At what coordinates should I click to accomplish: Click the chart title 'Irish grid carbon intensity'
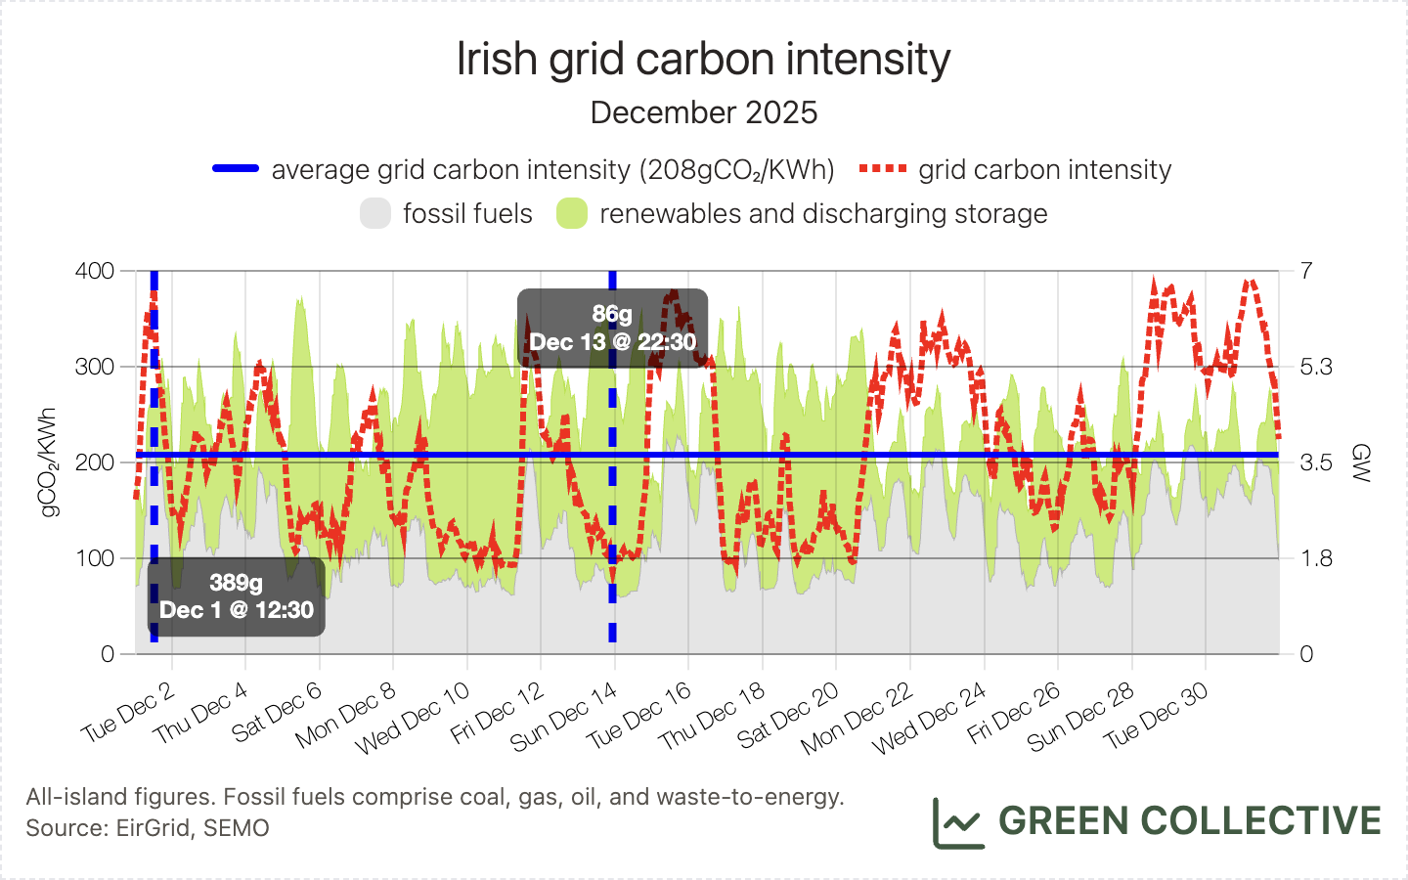(703, 60)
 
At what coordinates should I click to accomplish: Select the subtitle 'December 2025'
(703, 112)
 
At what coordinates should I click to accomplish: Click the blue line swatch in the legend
(236, 169)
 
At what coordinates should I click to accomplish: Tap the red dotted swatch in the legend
(883, 169)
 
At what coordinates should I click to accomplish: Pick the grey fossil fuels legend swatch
(375, 213)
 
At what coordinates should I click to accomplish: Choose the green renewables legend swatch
(572, 213)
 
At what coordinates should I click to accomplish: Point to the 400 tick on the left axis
(95, 271)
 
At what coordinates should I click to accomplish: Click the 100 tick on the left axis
(95, 558)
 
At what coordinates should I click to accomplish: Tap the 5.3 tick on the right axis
(1316, 367)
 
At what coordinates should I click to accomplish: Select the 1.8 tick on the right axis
(1316, 558)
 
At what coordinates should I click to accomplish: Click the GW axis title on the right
(1360, 462)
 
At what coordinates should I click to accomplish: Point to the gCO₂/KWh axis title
(47, 462)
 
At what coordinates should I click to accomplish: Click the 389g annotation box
(236, 596)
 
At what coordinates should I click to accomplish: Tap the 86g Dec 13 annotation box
(612, 328)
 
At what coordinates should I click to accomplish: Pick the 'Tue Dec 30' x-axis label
(1158, 717)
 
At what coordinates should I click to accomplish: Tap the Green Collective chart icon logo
(958, 822)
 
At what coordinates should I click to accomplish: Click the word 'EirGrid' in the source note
(152, 828)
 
